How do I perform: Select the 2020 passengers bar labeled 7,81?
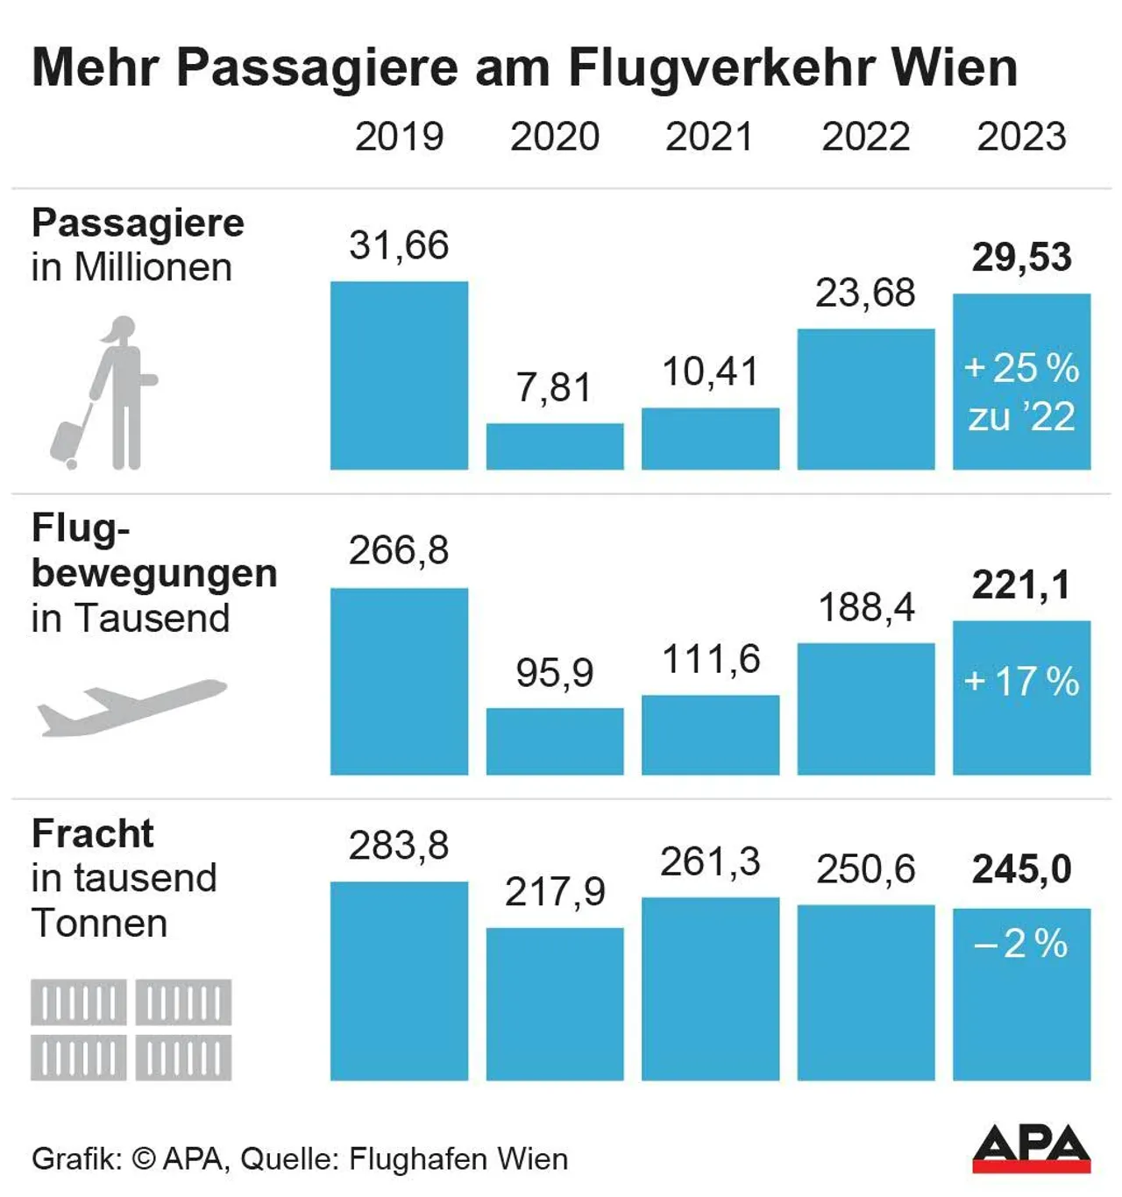click(x=555, y=447)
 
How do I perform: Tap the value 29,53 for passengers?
click(x=1021, y=257)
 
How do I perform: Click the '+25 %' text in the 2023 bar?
click(x=1021, y=368)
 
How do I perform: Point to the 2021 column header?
click(x=709, y=137)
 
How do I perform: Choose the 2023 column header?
click(x=1021, y=137)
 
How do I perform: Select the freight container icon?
click(x=131, y=1030)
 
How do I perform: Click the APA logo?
click(x=1031, y=1148)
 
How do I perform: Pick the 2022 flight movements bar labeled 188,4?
click(x=865, y=709)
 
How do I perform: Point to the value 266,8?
click(x=399, y=550)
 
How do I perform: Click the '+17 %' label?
click(x=1021, y=682)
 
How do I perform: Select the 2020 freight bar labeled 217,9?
click(x=555, y=1003)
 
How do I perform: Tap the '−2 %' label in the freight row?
click(x=1021, y=944)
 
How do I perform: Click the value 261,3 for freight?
click(x=709, y=862)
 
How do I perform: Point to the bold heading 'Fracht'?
click(x=93, y=833)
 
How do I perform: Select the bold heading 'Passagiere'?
click(x=138, y=223)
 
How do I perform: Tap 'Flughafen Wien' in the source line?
click(x=458, y=1158)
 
